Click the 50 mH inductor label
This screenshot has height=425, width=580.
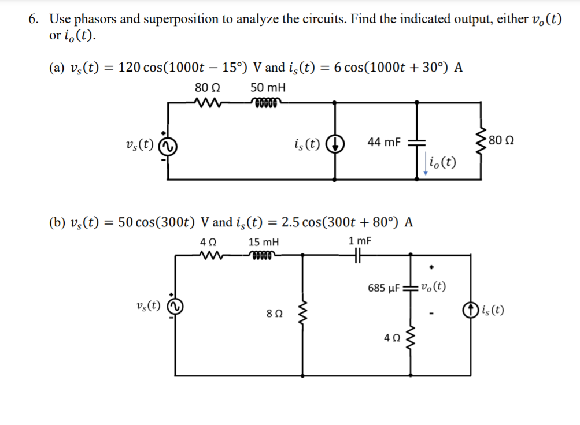(268, 88)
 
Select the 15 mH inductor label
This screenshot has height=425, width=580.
(264, 242)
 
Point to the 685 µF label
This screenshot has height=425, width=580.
(384, 287)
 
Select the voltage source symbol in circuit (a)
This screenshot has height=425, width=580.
(168, 147)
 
